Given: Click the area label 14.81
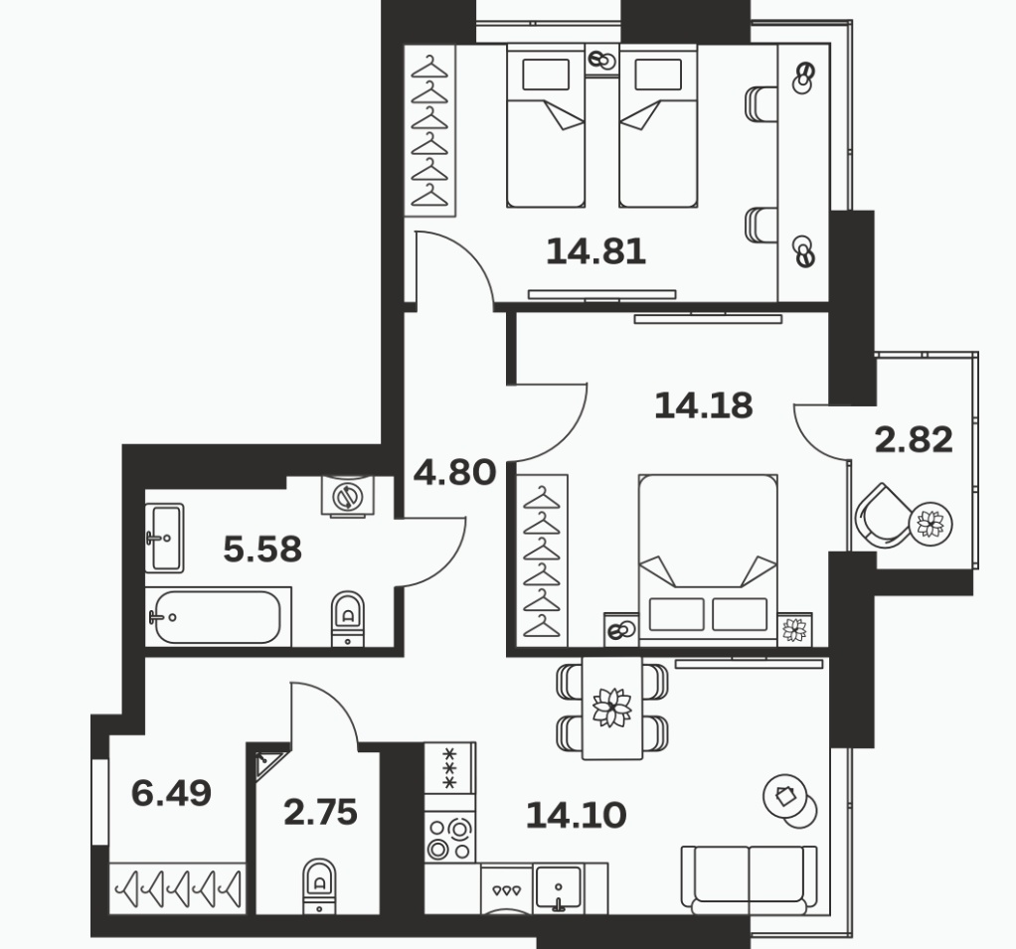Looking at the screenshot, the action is coord(596,251).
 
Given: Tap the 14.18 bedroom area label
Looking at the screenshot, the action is coord(704,405).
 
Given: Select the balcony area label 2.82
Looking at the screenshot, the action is coord(914,439).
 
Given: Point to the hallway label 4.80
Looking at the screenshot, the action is coord(455,472).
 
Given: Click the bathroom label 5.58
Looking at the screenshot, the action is coord(262,550).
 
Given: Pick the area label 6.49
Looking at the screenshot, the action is coord(171,793).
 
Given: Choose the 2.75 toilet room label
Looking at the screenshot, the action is coord(321,812).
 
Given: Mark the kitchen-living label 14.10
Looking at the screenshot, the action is coord(576,815).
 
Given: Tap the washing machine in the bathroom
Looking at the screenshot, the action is coord(348,496).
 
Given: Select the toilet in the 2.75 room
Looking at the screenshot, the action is coord(319,885).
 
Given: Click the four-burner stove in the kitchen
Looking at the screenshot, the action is coord(449,839).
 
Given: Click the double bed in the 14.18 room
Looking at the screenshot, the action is coord(708,560).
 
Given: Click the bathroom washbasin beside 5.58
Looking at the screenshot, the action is coord(165,539).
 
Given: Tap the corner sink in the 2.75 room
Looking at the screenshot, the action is coord(267,762).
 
